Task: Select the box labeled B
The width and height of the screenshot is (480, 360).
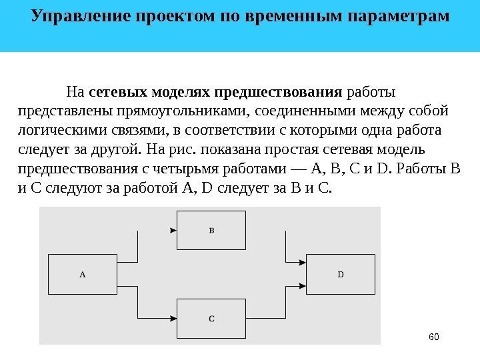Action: [x=211, y=231]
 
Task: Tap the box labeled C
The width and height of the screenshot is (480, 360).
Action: [x=211, y=319]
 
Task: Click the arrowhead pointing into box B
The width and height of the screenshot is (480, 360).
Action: [x=173, y=231]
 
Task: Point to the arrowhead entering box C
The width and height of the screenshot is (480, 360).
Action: [x=173, y=319]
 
